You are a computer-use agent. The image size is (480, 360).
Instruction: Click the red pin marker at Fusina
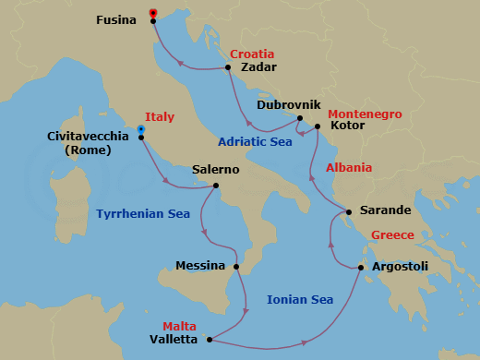[x=152, y=13]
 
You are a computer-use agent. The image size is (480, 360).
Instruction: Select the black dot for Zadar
[x=228, y=67]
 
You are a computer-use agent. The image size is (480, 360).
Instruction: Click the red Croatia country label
[x=252, y=54]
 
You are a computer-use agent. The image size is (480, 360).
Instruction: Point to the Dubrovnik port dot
[x=301, y=118]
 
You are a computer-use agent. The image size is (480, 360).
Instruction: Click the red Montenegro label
[x=365, y=114]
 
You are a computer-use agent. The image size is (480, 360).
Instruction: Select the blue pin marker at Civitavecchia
[x=140, y=130]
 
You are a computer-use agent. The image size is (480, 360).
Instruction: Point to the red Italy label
[x=159, y=117]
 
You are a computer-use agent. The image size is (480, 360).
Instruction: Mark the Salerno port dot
[x=215, y=186]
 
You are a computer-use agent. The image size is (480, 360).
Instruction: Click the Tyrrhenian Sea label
[x=143, y=214]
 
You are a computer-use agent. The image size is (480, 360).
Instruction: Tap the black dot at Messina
[x=237, y=268]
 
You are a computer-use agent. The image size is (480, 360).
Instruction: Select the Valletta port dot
[x=210, y=339]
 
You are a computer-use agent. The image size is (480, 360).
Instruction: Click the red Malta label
[x=179, y=326]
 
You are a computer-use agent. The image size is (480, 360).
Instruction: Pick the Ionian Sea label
[x=299, y=299]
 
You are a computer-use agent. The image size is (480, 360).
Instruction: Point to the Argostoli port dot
[x=362, y=268]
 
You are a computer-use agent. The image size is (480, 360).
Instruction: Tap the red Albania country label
[x=349, y=168]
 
